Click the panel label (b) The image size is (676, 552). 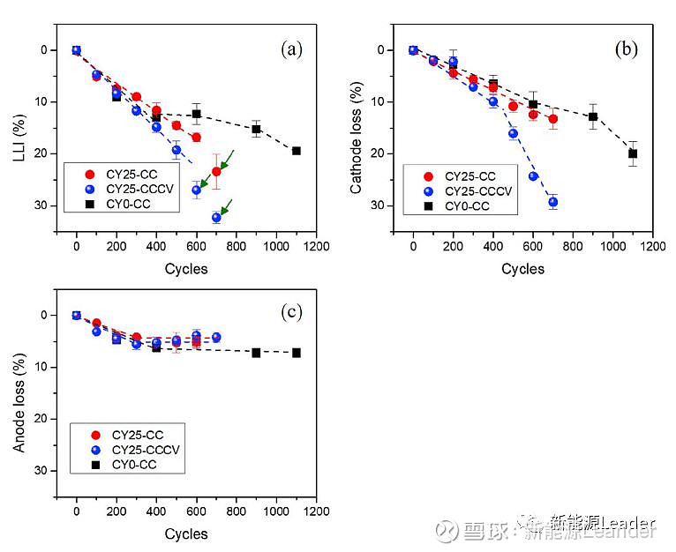(627, 49)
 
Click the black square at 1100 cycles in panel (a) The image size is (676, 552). (297, 151)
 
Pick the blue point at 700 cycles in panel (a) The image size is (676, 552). (216, 217)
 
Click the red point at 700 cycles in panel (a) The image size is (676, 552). (216, 171)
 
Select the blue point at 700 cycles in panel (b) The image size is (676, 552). (552, 202)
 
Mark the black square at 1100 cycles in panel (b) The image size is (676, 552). (633, 153)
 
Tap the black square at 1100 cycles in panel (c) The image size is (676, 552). (297, 353)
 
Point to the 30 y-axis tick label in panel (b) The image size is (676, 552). (382, 205)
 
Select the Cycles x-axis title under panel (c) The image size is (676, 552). (186, 533)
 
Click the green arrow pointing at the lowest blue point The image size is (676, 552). (227, 206)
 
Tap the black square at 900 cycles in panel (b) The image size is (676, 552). (593, 116)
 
